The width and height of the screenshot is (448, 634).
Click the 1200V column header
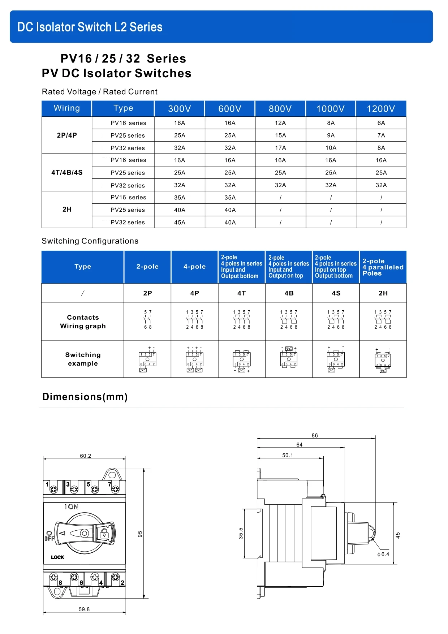(381, 109)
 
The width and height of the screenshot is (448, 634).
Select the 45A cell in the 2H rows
(180, 223)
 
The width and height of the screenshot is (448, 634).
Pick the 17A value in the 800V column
(280, 148)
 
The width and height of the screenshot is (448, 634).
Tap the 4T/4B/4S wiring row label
(67, 173)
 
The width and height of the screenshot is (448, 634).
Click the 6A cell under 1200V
(381, 123)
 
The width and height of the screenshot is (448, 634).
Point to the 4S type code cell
(336, 293)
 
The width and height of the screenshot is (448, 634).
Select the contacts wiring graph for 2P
(148, 320)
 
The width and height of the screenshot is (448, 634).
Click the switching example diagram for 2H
(383, 360)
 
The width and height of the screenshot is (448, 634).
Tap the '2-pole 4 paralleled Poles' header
(383, 267)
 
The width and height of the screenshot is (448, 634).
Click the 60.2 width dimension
(85, 456)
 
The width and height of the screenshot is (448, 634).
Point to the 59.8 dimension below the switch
(84, 609)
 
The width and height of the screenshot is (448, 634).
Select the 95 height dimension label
(140, 534)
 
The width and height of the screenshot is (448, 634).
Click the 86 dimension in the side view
(315, 435)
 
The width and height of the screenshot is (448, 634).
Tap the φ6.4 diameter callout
(383, 555)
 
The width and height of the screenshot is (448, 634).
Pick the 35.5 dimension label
(241, 534)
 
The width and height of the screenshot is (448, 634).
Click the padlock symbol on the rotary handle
(104, 534)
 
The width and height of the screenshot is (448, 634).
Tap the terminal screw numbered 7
(115, 489)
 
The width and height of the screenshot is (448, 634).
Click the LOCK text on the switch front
(57, 557)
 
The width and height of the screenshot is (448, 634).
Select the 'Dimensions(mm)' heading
(85, 397)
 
